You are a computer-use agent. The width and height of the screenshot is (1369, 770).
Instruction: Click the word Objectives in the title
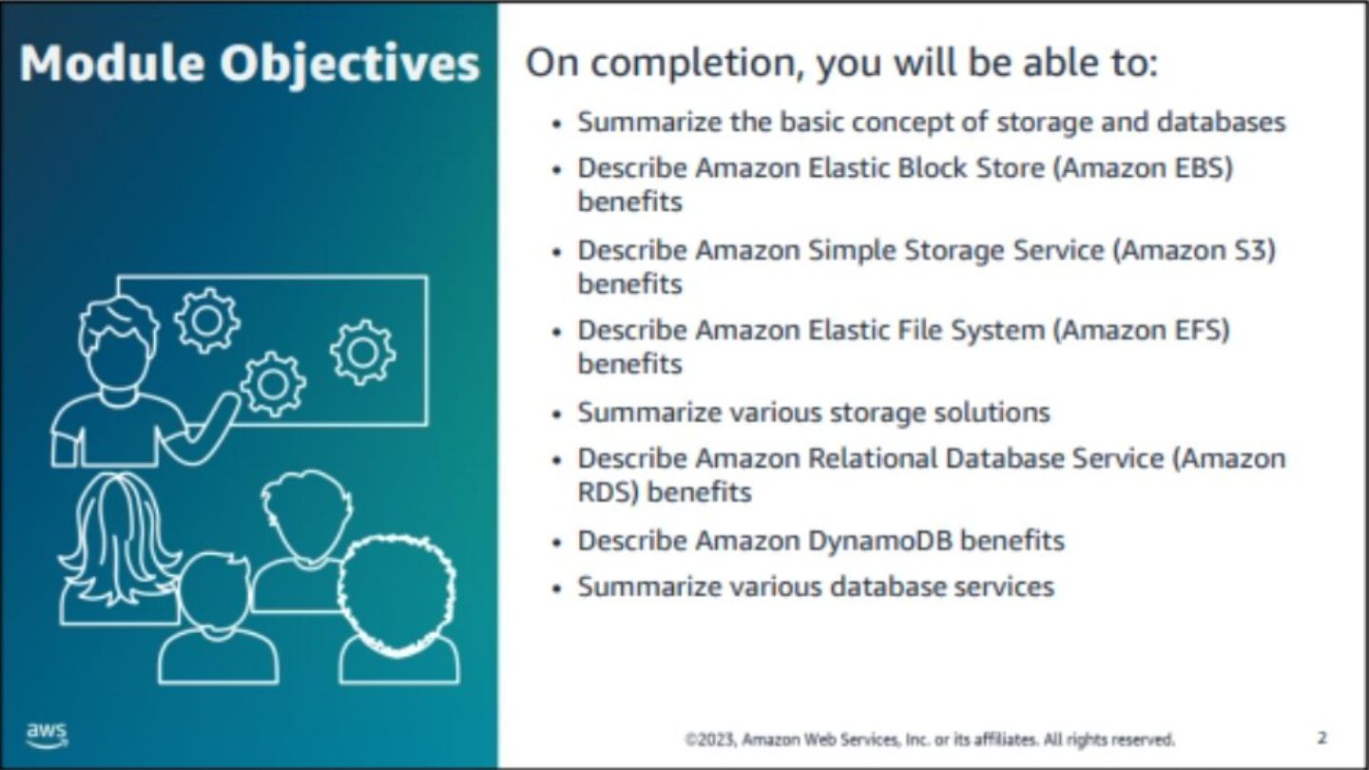pos(350,65)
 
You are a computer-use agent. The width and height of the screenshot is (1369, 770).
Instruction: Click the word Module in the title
pos(112,63)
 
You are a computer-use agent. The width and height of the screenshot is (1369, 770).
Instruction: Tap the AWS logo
pos(48,735)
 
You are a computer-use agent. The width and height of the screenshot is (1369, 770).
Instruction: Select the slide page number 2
pos(1321,739)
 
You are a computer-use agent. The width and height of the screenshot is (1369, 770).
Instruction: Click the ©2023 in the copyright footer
pos(712,740)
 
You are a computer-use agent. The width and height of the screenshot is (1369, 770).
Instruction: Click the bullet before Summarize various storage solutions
pos(555,414)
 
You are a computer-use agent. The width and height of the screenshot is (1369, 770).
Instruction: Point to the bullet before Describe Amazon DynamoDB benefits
pos(555,543)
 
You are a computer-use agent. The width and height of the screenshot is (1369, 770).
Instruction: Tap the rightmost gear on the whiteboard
pos(363,352)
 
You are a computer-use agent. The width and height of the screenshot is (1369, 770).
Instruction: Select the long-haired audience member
pos(120,550)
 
